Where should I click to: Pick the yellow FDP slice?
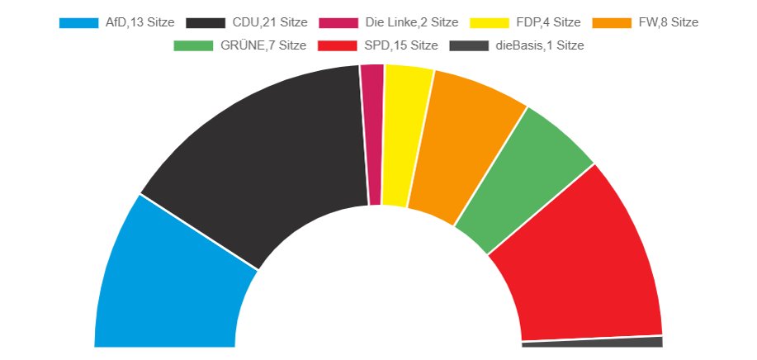click(401, 136)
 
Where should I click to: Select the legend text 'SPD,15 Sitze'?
click(401, 46)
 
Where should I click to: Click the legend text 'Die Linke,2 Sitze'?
click(411, 23)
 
